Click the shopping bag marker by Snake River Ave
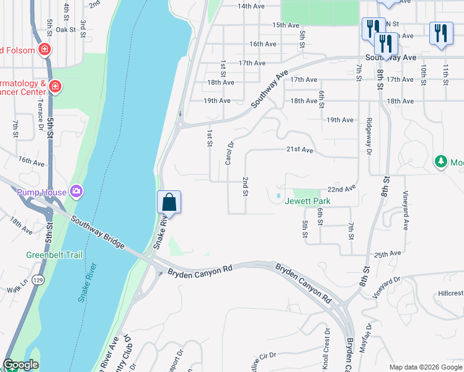coord(169,202)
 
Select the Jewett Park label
coord(308,201)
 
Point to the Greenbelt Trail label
coord(54,254)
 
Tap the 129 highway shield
coord(38,281)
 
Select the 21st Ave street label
coord(300,150)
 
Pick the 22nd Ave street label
coord(342,188)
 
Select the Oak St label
coord(65,29)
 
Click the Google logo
coord(20,365)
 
